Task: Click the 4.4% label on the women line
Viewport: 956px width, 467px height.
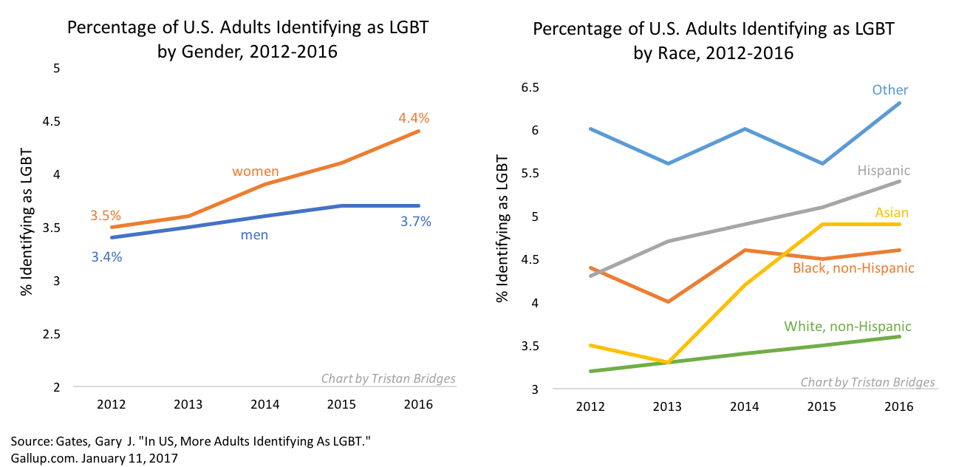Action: [x=414, y=117]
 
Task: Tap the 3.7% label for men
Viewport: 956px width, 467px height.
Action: [x=416, y=221]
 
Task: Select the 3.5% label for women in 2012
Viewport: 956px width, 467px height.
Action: [x=106, y=215]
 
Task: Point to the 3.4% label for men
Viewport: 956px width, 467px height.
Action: [x=106, y=257]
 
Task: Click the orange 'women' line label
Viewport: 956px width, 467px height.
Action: [x=256, y=171]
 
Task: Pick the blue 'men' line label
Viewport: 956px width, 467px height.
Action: [x=254, y=235]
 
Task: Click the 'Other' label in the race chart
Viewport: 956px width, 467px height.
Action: [x=890, y=89]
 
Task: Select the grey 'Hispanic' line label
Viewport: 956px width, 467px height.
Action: [x=884, y=170]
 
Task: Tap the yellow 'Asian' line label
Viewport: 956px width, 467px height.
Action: [x=892, y=213]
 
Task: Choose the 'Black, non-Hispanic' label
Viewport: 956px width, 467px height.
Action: [x=853, y=267]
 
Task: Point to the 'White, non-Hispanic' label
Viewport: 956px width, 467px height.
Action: [x=847, y=326]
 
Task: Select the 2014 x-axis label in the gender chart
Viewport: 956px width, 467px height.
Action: [x=264, y=404]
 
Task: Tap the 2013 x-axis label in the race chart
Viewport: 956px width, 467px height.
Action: [x=667, y=406]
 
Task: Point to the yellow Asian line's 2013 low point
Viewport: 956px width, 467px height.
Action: [x=667, y=362]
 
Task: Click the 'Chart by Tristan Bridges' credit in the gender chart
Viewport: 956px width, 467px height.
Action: [x=388, y=378]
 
